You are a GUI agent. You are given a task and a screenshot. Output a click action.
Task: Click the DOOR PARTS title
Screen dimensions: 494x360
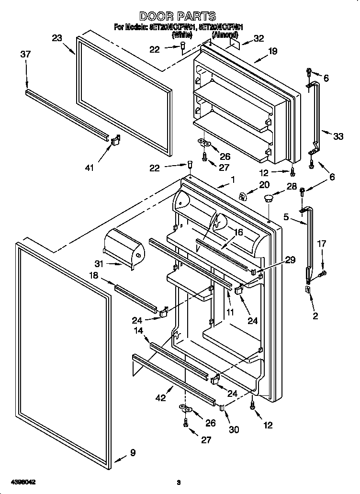point(177,17)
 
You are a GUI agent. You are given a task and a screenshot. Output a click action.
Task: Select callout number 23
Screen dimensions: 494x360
point(57,38)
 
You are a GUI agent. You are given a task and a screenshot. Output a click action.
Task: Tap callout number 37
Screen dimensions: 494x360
point(25,54)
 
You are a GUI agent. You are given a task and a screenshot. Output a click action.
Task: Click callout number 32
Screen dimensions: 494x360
point(259,39)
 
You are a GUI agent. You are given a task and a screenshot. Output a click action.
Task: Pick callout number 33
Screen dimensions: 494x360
point(338,136)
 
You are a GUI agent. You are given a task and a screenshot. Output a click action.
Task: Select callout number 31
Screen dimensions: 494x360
point(100,263)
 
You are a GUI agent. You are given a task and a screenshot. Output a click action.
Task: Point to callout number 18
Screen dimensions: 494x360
point(94,276)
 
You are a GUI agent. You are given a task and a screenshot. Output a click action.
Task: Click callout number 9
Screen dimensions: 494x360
point(133,452)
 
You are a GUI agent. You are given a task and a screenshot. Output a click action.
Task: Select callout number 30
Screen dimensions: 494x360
point(233,430)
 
